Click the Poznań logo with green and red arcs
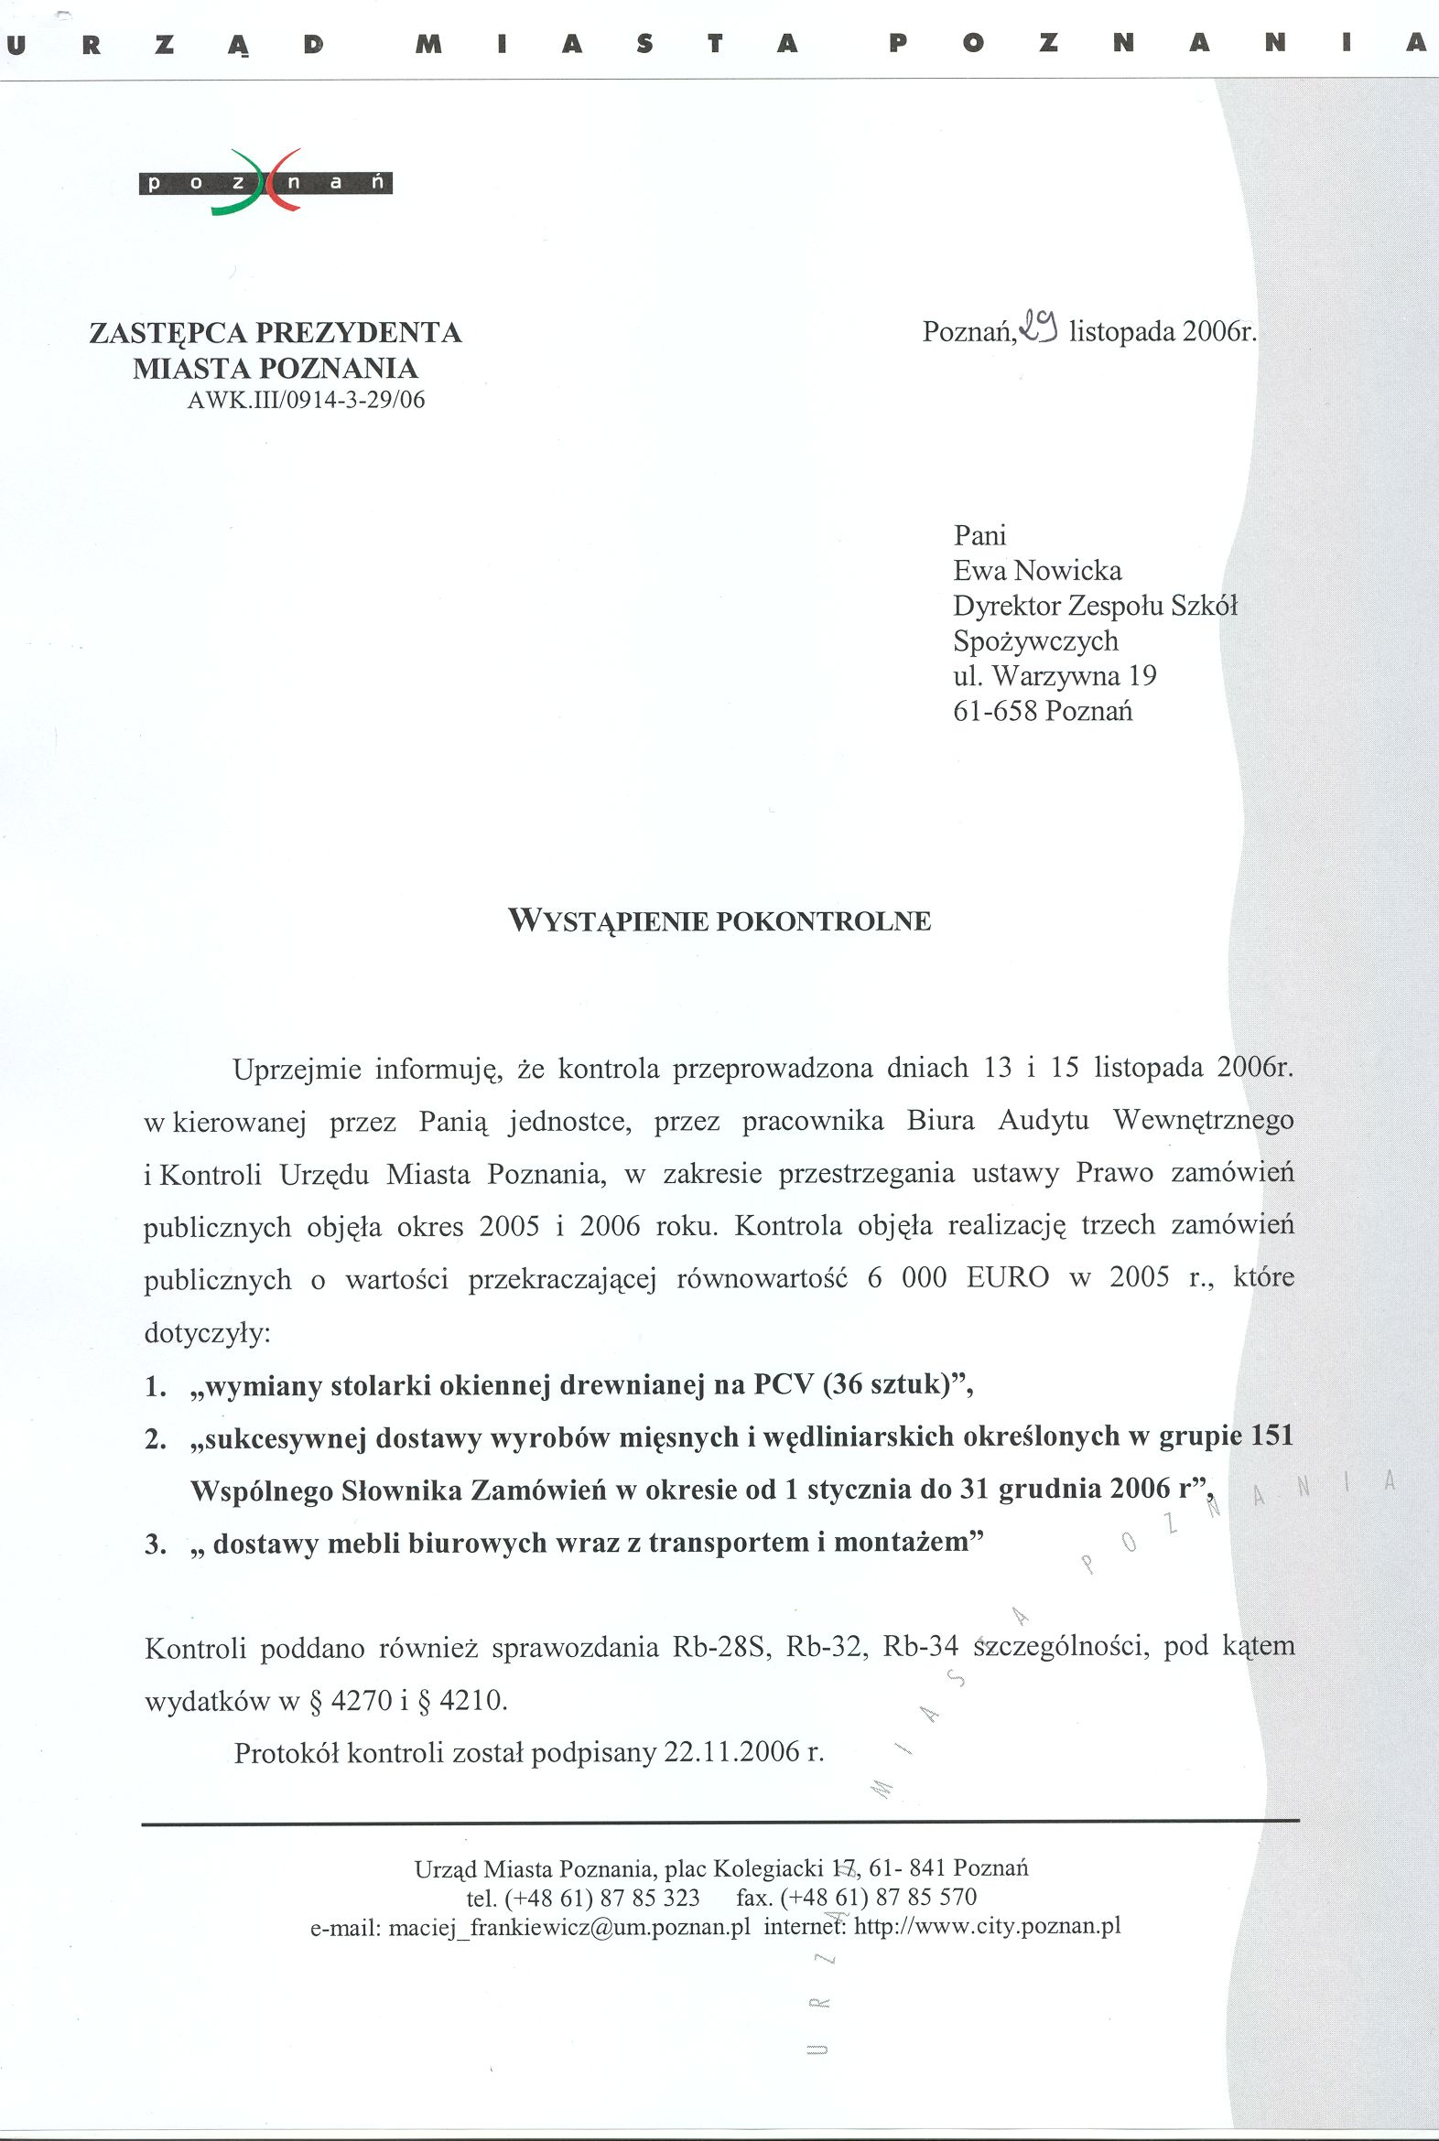265,182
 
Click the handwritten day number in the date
1041,328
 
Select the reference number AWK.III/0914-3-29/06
306,400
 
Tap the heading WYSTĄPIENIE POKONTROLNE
719,921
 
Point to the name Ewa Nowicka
1037,571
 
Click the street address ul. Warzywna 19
1055,676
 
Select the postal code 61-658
996,711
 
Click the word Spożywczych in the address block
1035,641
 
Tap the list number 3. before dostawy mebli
155,1544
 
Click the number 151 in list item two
1271,1436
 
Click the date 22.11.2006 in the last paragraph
731,1753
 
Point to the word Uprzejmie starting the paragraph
297,1069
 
